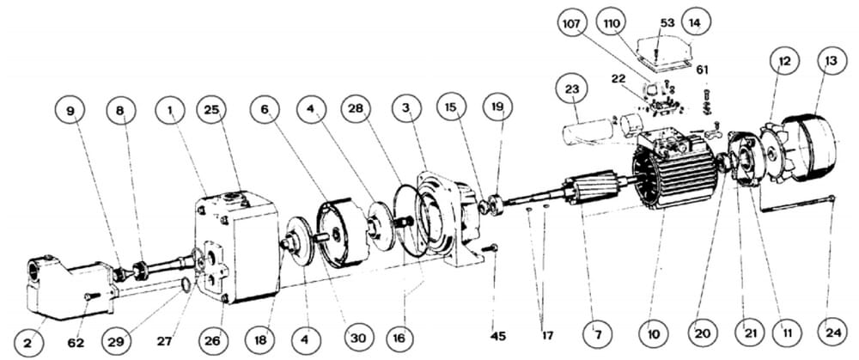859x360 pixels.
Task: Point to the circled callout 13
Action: point(831,61)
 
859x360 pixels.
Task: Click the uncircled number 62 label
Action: point(76,343)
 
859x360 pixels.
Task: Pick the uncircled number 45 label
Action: point(499,335)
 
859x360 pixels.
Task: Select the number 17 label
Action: point(546,334)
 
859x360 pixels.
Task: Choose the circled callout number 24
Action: point(832,331)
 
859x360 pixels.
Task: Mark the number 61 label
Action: point(703,70)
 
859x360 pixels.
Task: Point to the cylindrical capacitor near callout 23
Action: point(588,132)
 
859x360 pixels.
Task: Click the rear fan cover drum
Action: point(809,147)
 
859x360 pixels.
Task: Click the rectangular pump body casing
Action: point(237,247)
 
